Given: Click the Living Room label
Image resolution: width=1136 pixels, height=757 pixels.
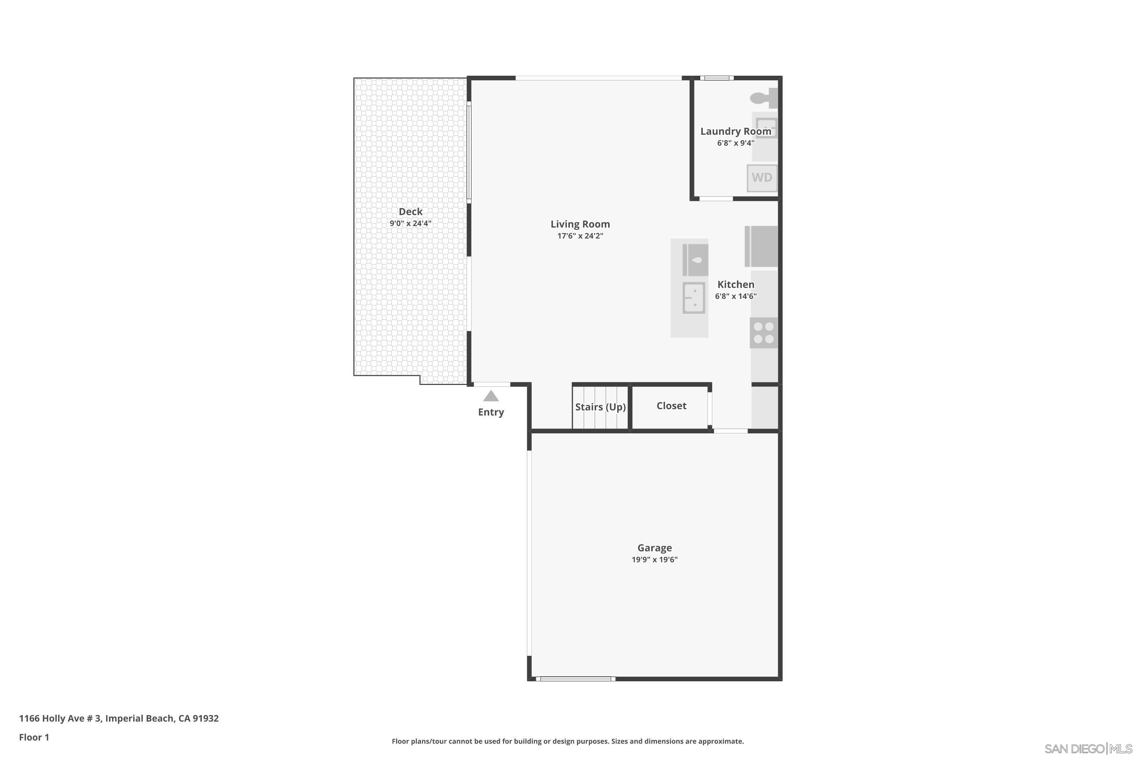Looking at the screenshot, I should pyautogui.click(x=580, y=224).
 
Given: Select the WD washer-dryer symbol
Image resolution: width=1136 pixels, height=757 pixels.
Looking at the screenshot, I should pyautogui.click(x=761, y=178).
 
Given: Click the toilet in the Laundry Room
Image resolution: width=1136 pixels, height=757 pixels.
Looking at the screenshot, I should pyautogui.click(x=763, y=98).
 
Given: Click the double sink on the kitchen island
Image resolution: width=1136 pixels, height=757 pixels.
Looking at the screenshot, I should pyautogui.click(x=694, y=298).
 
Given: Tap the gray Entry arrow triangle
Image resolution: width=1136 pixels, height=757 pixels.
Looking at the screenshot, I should pyautogui.click(x=491, y=396).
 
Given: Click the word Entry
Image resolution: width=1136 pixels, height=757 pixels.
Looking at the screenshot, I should pyautogui.click(x=491, y=412).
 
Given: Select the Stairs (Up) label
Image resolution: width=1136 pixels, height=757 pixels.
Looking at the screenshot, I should pyautogui.click(x=600, y=407).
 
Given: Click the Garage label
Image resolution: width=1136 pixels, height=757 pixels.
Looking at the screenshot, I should pyautogui.click(x=654, y=548).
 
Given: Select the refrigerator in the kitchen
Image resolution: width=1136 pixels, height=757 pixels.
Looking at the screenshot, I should pyautogui.click(x=761, y=246).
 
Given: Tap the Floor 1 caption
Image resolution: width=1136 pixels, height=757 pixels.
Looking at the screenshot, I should pyautogui.click(x=34, y=737).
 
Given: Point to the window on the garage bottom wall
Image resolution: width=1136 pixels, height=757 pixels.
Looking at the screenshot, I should pyautogui.click(x=575, y=679).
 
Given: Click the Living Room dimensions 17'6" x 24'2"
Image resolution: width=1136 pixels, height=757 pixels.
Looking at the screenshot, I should pyautogui.click(x=580, y=236).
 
